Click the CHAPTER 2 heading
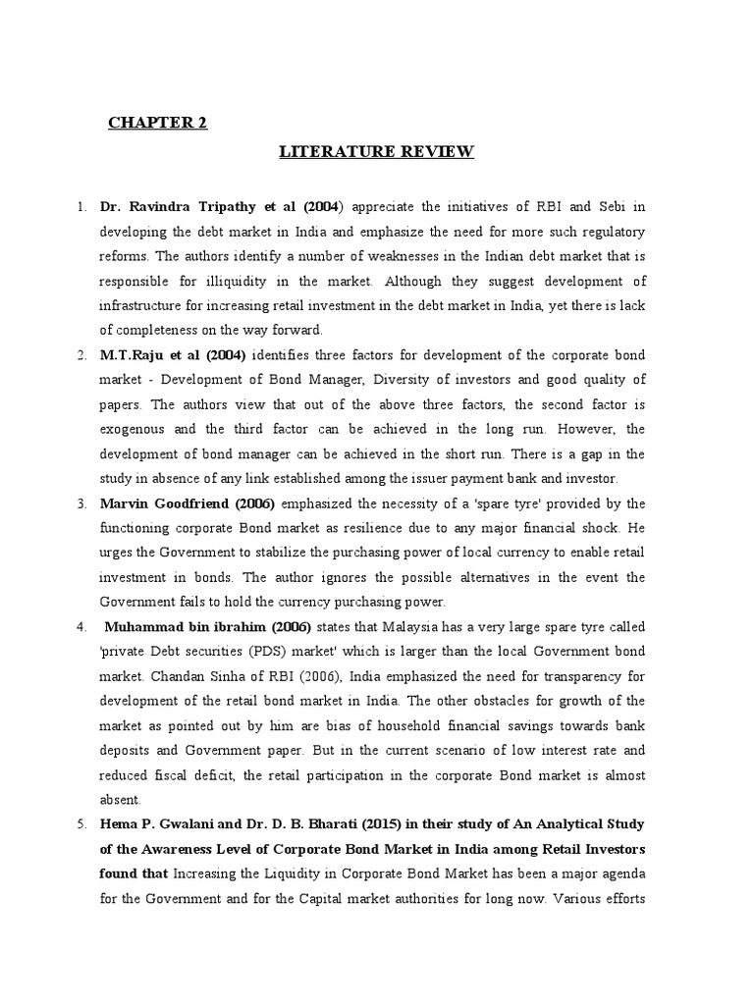(x=158, y=123)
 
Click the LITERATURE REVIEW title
(x=377, y=151)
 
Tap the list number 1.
(x=82, y=207)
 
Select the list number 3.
(x=82, y=503)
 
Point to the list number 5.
(x=82, y=823)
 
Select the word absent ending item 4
(x=122, y=799)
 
